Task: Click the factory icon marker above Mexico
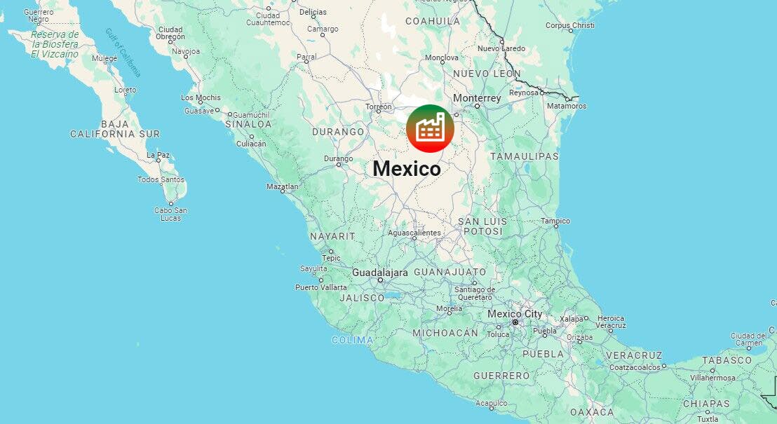[430, 129]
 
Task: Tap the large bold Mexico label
[407, 169]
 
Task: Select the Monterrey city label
[477, 98]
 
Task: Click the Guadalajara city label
[379, 272]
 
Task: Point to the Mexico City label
[515, 314]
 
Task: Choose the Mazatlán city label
[283, 186]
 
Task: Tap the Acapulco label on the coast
[491, 403]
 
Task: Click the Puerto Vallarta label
[320, 287]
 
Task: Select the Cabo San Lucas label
[170, 214]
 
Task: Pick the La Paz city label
[158, 154]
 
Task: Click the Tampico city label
[555, 221]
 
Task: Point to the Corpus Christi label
[569, 26]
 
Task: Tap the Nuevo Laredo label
[501, 48]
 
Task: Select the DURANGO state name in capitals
[339, 132]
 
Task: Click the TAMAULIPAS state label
[524, 156]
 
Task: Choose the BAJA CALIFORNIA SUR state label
[115, 129]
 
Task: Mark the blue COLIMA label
[353, 340]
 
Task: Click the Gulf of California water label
[123, 52]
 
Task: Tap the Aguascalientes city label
[414, 233]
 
